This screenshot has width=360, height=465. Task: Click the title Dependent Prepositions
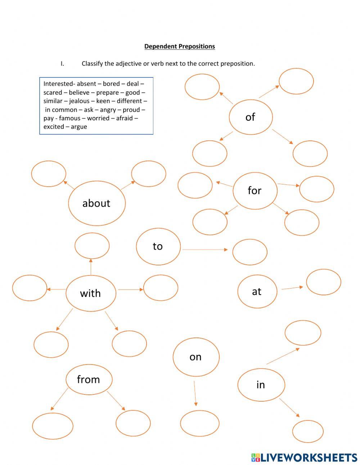tap(180, 46)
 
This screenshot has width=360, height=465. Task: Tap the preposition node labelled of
tap(251, 117)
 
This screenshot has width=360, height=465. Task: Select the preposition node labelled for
tap(255, 191)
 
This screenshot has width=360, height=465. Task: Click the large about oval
tap(96, 203)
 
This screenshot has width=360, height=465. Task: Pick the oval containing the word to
tap(158, 246)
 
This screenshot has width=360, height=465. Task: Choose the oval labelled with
tap(91, 293)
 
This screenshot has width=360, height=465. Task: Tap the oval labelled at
tap(257, 291)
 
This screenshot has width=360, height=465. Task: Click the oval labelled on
tap(196, 357)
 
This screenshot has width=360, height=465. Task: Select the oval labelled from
tap(89, 379)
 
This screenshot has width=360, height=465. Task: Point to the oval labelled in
tap(261, 385)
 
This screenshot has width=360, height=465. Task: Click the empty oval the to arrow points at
tap(250, 252)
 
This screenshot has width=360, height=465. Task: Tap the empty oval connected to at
tap(323, 282)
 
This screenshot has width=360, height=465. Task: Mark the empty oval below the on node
tap(199, 423)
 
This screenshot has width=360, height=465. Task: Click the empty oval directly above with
tap(92, 246)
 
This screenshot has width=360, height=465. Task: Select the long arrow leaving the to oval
tap(204, 249)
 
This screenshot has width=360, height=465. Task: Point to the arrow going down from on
tap(195, 393)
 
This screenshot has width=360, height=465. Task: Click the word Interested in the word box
tap(58, 84)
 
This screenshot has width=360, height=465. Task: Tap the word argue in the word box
tap(79, 127)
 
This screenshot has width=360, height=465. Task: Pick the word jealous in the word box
tap(80, 101)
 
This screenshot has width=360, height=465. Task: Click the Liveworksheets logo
tap(304, 457)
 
